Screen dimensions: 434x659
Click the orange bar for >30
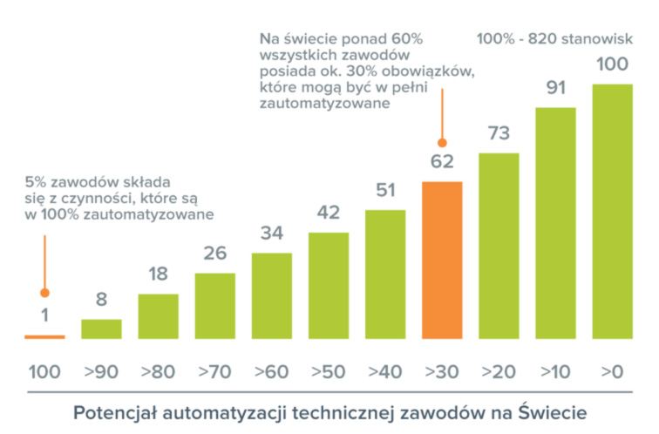442,259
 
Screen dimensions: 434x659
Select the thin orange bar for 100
44,336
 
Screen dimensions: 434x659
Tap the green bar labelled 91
555,222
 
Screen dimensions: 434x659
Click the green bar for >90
101,329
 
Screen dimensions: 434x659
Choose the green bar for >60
272,295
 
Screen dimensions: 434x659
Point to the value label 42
329,213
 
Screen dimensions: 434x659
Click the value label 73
499,133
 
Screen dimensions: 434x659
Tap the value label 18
158,274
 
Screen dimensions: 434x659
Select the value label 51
385,190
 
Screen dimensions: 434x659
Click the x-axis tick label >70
214,371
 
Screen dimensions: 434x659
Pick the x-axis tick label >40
385,371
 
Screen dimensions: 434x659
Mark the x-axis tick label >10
555,371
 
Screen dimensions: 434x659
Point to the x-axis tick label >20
499,371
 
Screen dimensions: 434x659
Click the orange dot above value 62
442,142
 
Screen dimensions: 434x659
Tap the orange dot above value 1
44,294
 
